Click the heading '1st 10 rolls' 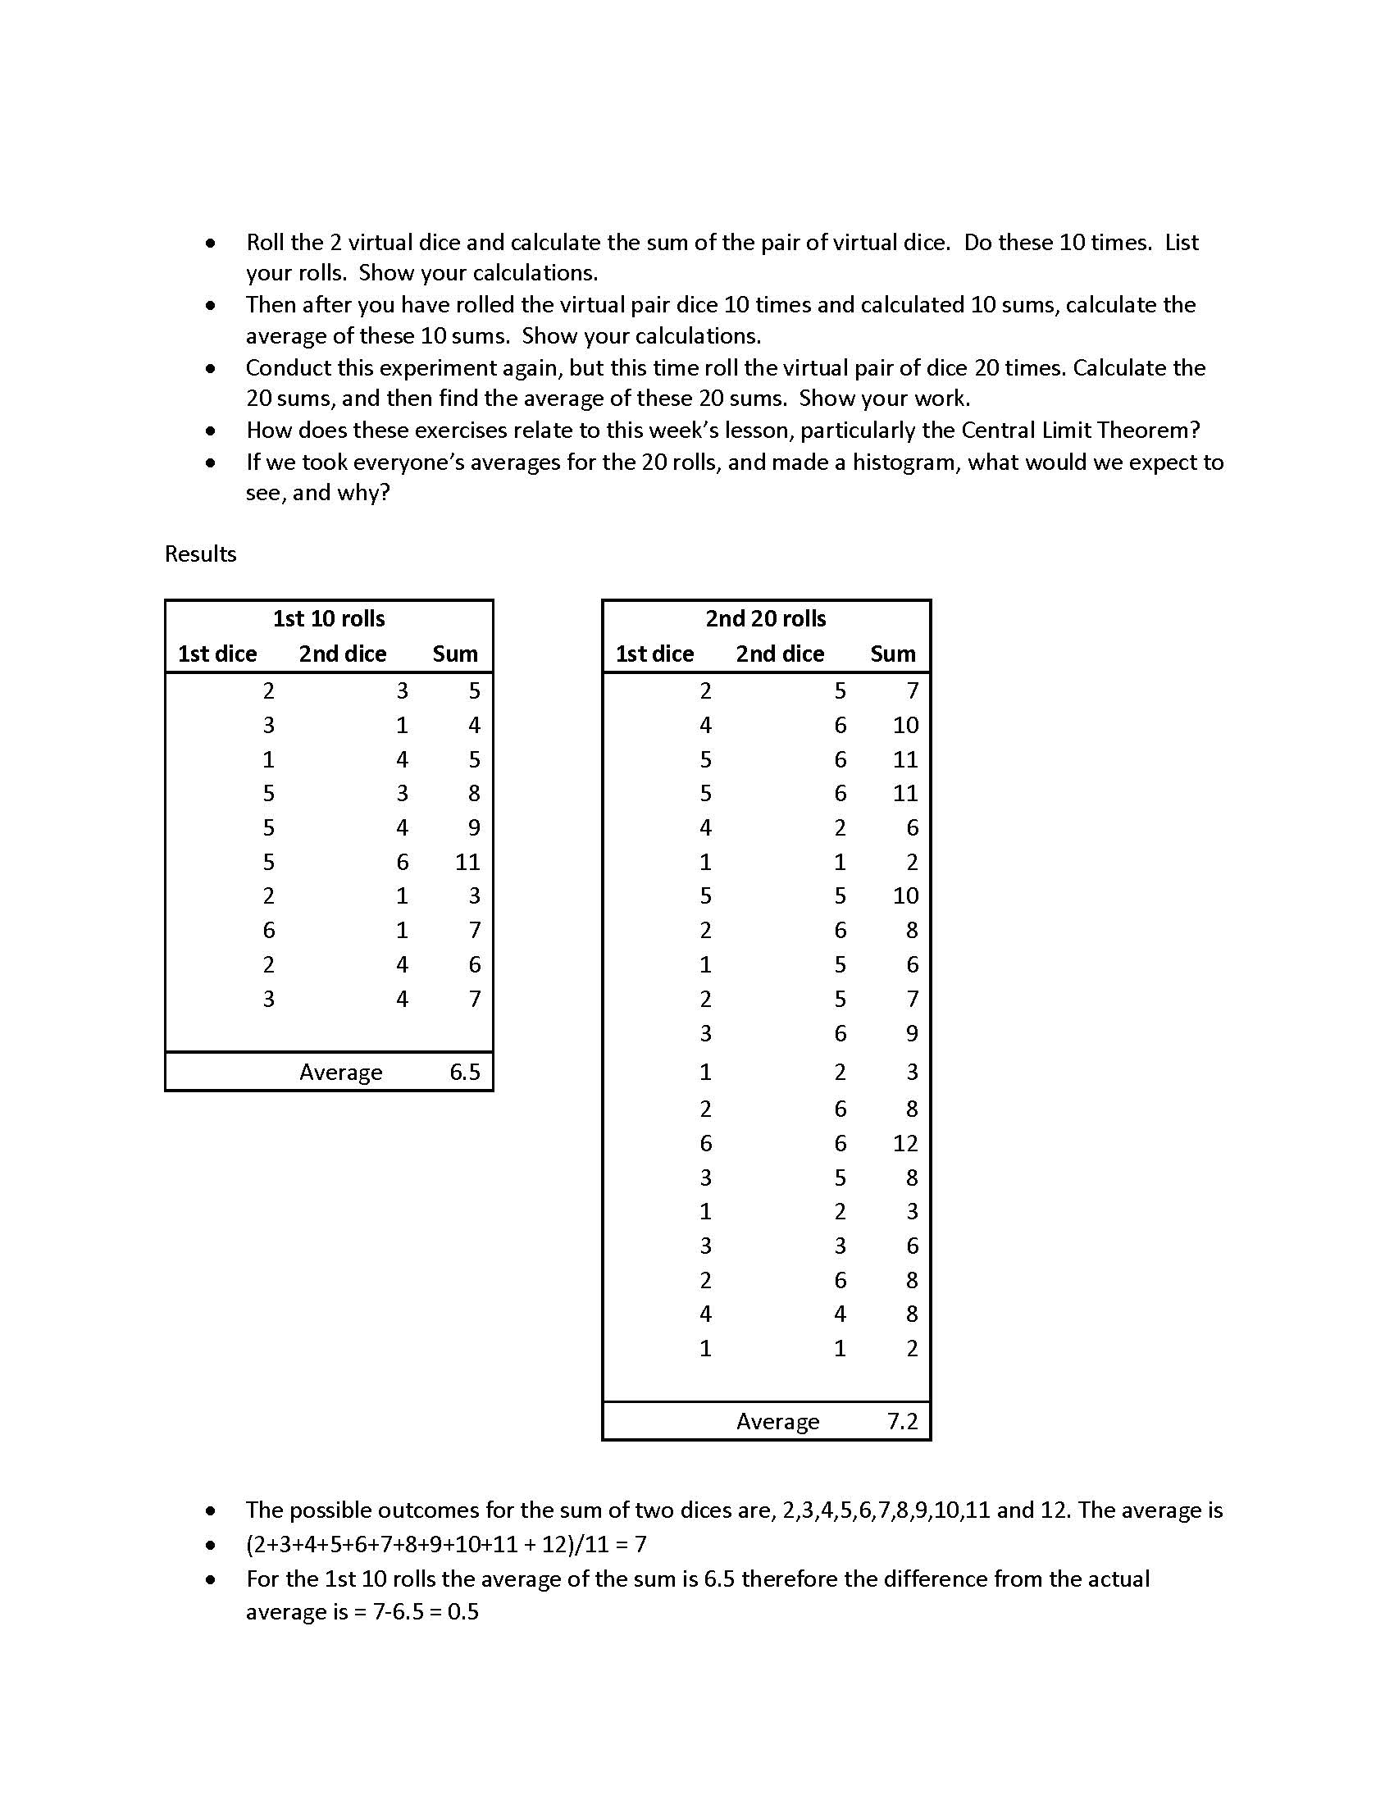click(329, 618)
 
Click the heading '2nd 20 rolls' click(766, 618)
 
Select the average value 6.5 click(465, 1073)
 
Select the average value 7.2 click(903, 1422)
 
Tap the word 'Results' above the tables click(201, 553)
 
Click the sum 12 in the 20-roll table click(905, 1143)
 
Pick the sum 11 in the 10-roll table click(467, 862)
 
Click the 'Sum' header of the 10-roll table click(455, 654)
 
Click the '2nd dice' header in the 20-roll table click(780, 654)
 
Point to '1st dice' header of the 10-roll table click(217, 654)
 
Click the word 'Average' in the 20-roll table click(778, 1422)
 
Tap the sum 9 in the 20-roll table click(912, 1033)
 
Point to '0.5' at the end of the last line click(462, 1611)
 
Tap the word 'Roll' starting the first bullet click(265, 242)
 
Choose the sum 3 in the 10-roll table click(474, 896)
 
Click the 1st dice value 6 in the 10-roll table click(268, 930)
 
